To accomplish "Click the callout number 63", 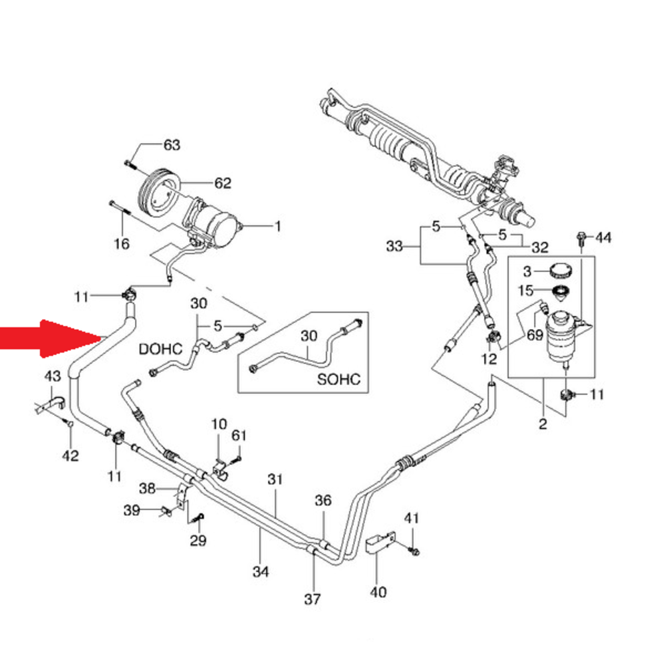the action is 172,145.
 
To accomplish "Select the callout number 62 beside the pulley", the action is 223,184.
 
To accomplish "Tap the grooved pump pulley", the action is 158,191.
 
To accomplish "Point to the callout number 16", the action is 121,244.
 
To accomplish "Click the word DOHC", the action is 160,349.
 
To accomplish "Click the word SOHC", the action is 339,379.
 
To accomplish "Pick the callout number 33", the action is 394,246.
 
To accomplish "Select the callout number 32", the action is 540,247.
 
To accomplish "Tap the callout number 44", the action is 604,237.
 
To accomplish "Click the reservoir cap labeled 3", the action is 560,270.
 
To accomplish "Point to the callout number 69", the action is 535,335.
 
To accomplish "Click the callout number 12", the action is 489,359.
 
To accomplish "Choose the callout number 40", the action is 378,592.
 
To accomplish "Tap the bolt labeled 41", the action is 414,551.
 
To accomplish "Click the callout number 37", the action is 313,599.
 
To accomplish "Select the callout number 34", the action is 261,572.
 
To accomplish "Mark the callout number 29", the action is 198,541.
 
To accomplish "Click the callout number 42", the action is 70,456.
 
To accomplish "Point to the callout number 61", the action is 239,436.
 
